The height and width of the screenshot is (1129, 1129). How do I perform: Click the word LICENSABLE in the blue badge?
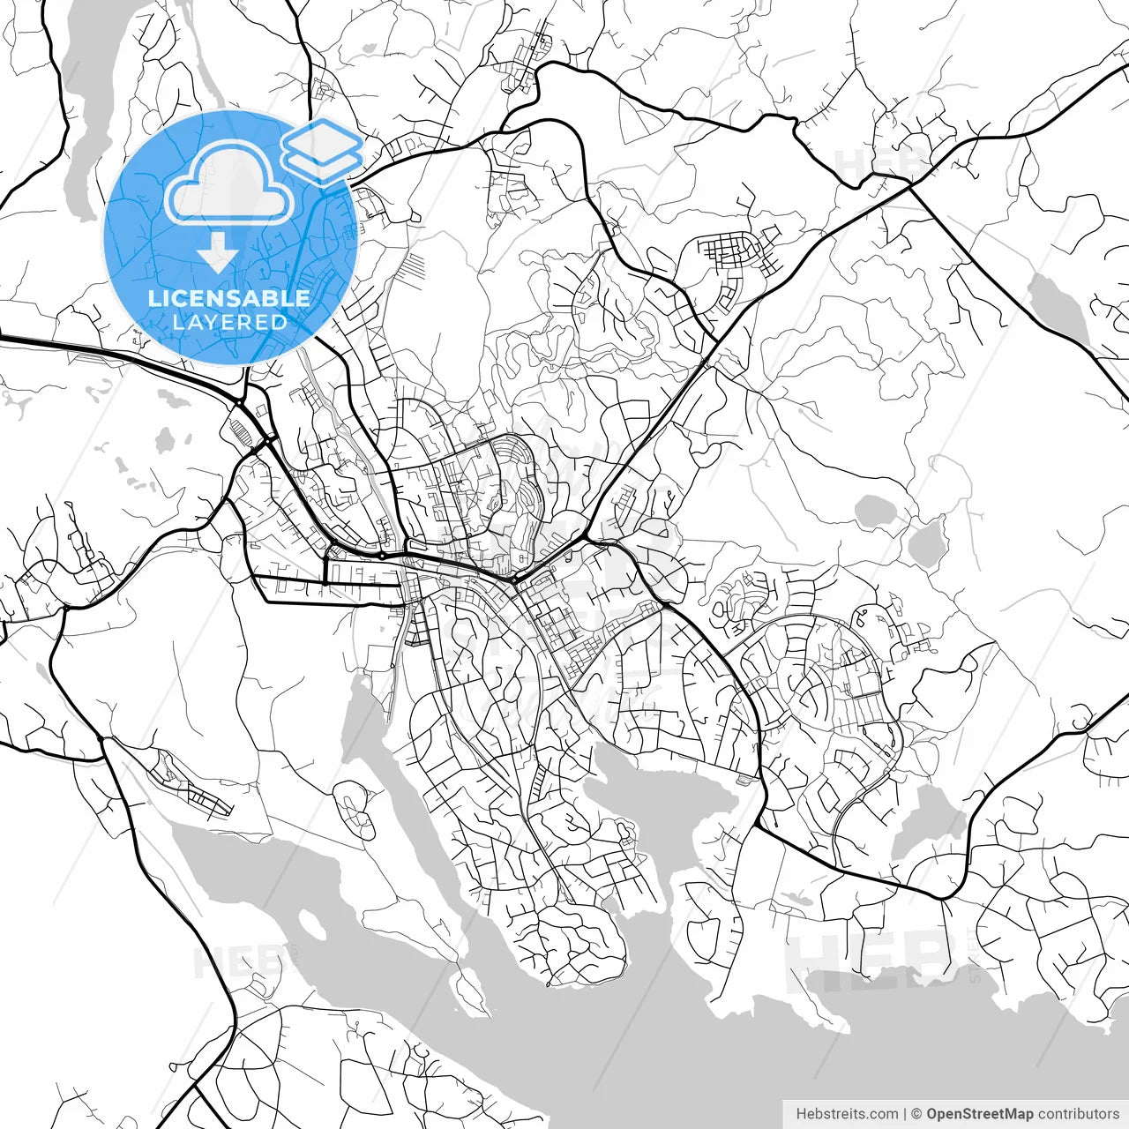pyautogui.click(x=229, y=298)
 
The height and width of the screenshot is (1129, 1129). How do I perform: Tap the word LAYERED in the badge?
pyautogui.click(x=229, y=322)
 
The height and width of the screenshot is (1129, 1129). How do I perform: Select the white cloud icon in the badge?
pyautogui.click(x=229, y=183)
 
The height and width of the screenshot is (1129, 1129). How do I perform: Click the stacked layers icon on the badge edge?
pyautogui.click(x=322, y=150)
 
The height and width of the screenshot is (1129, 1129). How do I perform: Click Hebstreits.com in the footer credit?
pyautogui.click(x=847, y=1114)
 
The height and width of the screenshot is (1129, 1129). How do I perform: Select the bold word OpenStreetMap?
pyautogui.click(x=980, y=1114)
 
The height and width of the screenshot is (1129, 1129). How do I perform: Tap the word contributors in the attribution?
pyautogui.click(x=1078, y=1114)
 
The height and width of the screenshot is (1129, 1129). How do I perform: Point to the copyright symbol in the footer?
pyautogui.click(x=916, y=1114)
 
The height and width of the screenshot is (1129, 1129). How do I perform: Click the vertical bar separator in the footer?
pyautogui.click(x=905, y=1114)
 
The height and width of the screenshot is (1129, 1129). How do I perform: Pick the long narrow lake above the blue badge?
pyautogui.click(x=84, y=97)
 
